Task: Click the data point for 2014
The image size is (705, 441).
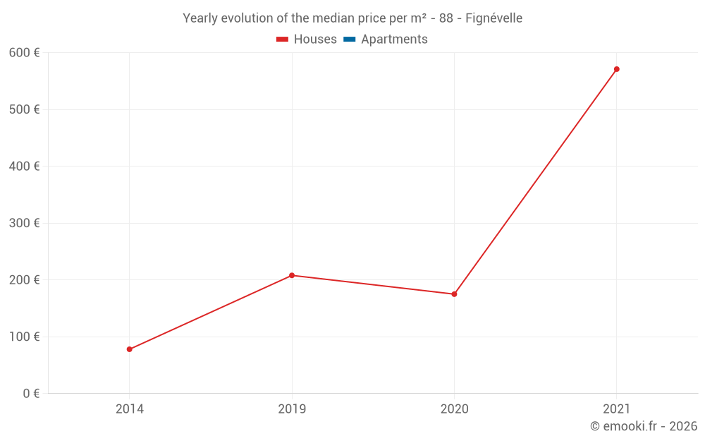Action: [x=130, y=349]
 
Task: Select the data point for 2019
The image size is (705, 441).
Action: [x=292, y=275]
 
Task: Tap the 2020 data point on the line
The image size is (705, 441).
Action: [x=454, y=294]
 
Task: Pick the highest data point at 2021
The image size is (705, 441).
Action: [x=617, y=69]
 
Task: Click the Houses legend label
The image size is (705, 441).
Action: [x=315, y=40]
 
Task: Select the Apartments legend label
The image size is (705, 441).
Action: [x=394, y=40]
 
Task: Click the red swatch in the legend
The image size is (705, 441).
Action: [x=282, y=40]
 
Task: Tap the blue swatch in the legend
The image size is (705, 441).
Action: [x=349, y=40]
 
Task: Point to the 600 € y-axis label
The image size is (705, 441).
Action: [x=25, y=53]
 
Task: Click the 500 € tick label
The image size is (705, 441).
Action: [x=25, y=109]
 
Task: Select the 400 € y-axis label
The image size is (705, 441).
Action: [x=25, y=167]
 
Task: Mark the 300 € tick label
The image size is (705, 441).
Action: [x=25, y=223]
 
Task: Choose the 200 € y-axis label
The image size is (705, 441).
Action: [x=25, y=280]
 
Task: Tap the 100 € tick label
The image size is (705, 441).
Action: [x=25, y=337]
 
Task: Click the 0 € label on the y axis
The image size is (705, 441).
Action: [x=31, y=394]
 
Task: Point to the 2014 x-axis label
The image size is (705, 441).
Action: [x=130, y=409]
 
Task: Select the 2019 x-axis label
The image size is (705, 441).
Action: [x=292, y=409]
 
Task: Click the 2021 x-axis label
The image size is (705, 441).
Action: [x=617, y=409]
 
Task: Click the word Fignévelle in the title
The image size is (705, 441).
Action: [x=493, y=18]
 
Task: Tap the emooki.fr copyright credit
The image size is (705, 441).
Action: [x=644, y=426]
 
